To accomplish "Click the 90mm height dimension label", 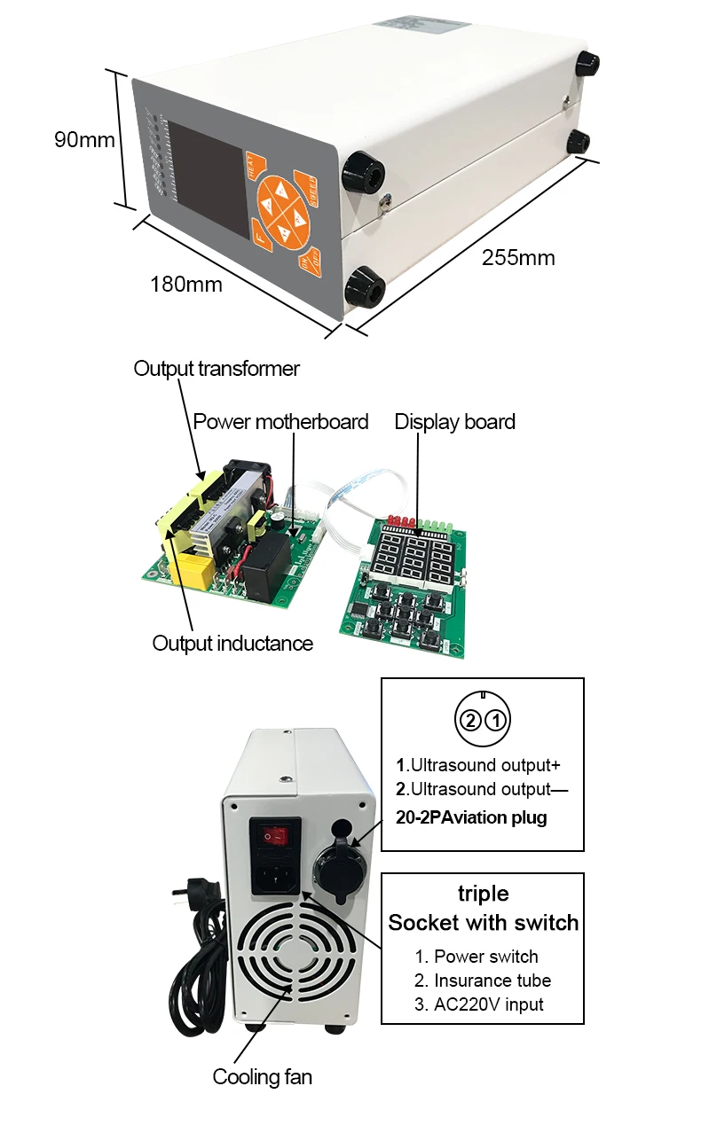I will click(84, 140).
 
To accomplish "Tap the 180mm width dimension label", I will click(186, 285).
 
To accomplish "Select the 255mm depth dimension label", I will click(518, 258).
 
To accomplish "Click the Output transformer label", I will click(217, 368).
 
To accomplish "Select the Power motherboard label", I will click(280, 421).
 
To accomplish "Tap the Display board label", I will click(454, 421).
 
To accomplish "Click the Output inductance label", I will click(232, 643).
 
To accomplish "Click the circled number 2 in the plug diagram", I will click(471, 719).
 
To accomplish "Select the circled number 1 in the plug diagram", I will click(498, 719).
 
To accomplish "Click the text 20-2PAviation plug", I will click(471, 817).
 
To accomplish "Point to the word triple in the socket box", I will click(483, 892).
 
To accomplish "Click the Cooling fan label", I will click(262, 1077).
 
